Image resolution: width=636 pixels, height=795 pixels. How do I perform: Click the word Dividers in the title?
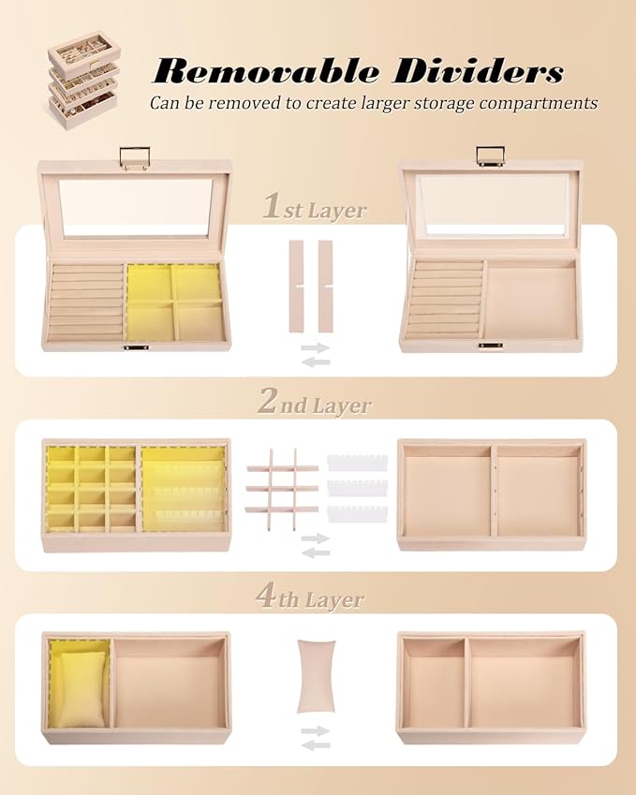(x=478, y=70)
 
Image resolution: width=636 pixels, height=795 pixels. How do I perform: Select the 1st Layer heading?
(x=315, y=209)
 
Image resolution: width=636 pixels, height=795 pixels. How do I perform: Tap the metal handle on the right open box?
(x=491, y=155)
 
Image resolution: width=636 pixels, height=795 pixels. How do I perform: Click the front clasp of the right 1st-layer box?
(x=491, y=346)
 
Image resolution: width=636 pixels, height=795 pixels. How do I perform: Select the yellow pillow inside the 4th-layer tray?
(x=82, y=689)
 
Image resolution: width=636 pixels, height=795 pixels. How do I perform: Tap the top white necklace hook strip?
(x=357, y=463)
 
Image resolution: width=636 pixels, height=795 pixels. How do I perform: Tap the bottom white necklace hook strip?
(x=357, y=514)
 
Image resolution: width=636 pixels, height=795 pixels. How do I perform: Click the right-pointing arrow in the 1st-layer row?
(x=316, y=347)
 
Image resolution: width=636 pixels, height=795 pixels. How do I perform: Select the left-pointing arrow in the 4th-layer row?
(x=316, y=744)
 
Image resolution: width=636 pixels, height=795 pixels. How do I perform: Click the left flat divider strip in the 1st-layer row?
(x=296, y=287)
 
